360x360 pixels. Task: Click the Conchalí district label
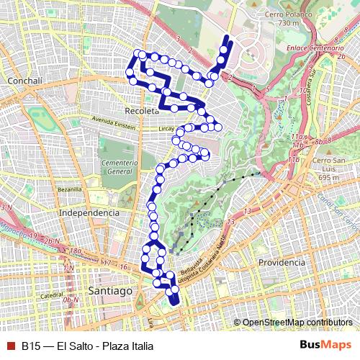[26, 81]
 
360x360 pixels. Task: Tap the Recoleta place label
[141, 112]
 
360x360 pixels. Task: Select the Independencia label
[89, 213]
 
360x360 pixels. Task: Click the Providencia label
[282, 263]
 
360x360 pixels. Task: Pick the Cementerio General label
[120, 168]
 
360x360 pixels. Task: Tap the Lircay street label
[166, 127]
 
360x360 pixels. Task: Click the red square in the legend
[9, 346]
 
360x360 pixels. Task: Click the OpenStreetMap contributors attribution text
[297, 323]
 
